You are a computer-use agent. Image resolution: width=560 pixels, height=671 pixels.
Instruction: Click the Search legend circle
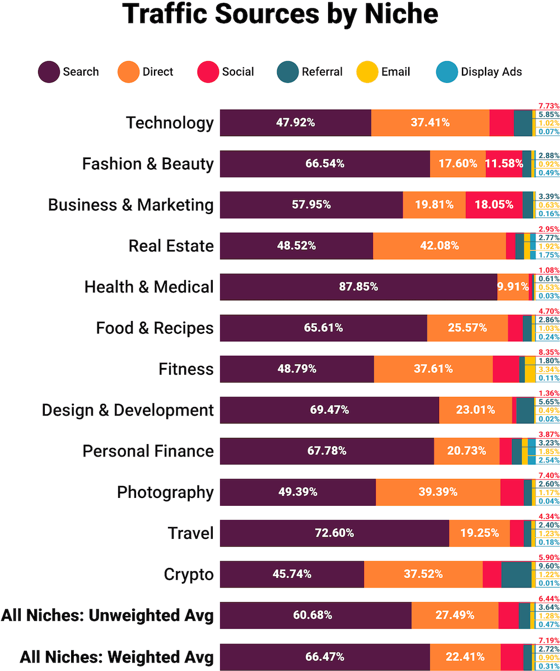point(49,72)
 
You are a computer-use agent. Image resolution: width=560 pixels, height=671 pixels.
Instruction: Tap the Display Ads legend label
point(491,72)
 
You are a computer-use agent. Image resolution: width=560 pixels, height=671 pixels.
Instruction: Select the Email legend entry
point(395,72)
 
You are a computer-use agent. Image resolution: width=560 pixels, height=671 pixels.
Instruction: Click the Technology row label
point(170,123)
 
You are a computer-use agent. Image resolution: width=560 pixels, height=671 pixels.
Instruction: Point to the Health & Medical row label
point(149,287)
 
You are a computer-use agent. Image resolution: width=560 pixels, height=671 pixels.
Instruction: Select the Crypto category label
point(189,574)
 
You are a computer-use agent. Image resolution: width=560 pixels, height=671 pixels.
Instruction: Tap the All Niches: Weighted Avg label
point(116,656)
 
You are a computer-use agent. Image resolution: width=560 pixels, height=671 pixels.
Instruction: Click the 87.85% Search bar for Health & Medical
point(358,287)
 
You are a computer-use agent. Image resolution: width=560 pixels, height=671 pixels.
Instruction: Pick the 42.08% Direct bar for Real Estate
point(439,246)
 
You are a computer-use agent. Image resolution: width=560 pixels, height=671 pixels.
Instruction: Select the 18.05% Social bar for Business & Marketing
point(494,205)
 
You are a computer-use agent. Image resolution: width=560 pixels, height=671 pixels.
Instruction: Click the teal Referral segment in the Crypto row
point(516,574)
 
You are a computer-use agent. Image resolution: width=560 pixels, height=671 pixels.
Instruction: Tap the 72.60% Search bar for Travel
point(334,533)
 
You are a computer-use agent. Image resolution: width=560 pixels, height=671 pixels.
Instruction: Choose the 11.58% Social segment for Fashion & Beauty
point(503,164)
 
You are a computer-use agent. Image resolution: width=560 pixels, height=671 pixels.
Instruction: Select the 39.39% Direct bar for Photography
point(438,492)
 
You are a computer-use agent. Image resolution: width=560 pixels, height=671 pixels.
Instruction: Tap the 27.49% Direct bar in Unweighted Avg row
point(455,615)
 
